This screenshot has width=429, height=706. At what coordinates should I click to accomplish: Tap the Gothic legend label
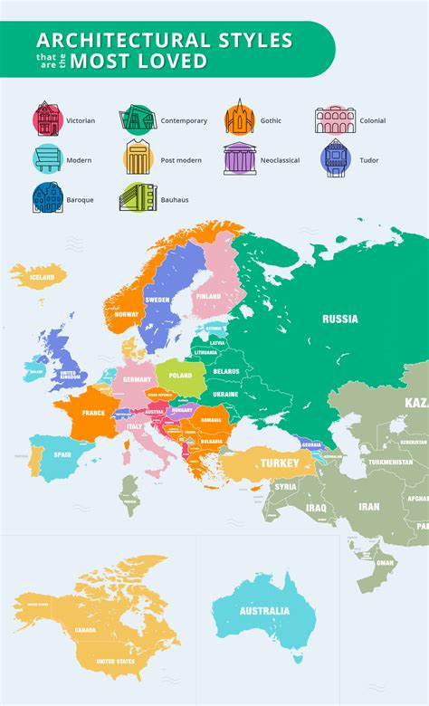270,120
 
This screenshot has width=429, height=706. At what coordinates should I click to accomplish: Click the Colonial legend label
372,120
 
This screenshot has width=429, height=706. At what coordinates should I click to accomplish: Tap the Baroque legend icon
47,198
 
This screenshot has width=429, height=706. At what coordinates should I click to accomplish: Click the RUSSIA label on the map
339,319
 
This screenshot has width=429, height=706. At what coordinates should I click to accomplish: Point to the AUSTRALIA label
264,610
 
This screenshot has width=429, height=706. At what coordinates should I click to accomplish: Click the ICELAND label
42,278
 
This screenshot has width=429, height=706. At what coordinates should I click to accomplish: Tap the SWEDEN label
157,299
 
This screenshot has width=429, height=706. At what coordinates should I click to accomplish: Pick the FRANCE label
93,413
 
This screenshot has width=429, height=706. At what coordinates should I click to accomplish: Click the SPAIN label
62,454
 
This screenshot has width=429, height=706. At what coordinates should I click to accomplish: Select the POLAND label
180,374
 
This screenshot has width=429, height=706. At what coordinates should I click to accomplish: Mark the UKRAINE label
226,394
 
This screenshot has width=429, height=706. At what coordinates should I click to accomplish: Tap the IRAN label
368,507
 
